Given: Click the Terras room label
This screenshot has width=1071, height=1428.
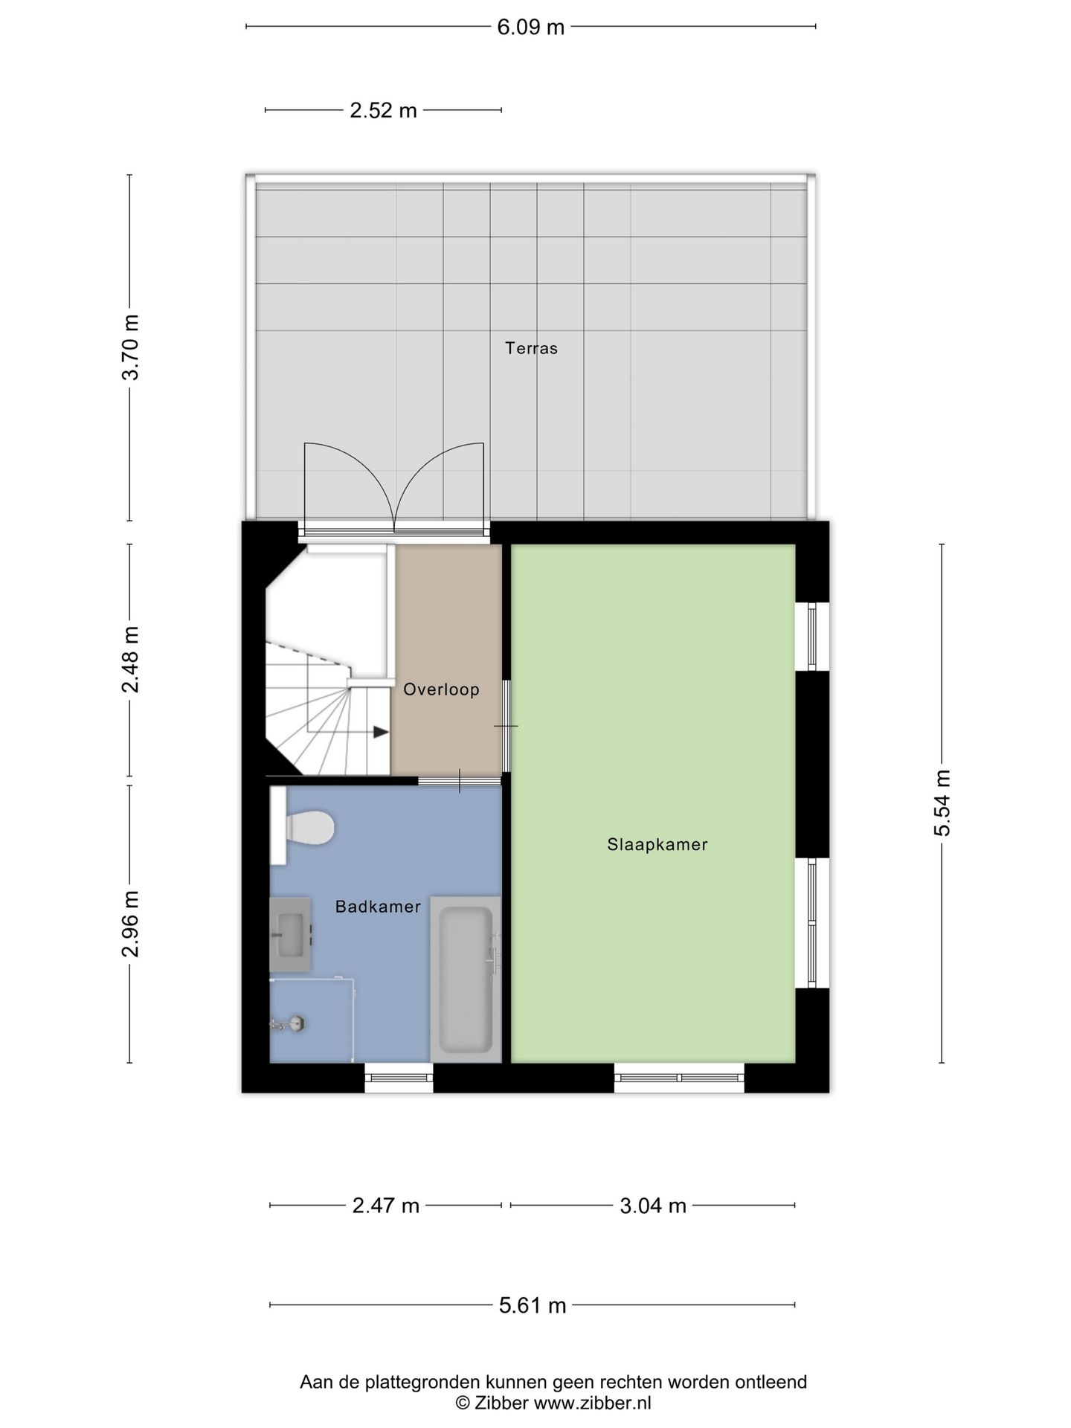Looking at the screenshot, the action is tap(531, 348).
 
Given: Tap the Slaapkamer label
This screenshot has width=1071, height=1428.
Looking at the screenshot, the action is tap(657, 844).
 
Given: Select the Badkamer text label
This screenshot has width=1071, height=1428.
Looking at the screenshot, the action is tap(378, 907).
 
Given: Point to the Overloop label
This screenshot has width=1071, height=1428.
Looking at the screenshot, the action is tap(441, 689).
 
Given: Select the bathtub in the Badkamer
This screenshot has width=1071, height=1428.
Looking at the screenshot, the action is tap(466, 979).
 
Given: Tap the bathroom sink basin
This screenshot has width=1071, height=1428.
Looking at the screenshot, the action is tap(290, 934).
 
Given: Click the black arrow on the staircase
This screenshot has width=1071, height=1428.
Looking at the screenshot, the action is tap(381, 732).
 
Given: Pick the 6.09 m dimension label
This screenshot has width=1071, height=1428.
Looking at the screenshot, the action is tap(531, 28).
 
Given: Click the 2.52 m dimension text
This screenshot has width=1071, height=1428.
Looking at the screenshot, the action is tap(384, 111).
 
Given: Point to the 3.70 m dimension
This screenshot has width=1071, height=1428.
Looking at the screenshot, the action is tap(131, 347).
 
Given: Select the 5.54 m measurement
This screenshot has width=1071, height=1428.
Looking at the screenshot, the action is tap(942, 803).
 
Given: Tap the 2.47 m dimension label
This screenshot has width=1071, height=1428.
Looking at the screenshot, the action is tap(386, 1206).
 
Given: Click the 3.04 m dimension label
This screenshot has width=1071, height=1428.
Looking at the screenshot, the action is tap(653, 1206).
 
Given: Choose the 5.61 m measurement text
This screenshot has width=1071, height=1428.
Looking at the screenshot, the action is tap(533, 1305).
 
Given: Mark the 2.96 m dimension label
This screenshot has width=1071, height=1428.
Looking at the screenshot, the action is tap(131, 924).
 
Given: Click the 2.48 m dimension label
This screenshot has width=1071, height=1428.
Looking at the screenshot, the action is tap(131, 660).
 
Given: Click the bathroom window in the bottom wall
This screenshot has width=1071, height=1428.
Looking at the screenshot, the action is tap(399, 1077).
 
